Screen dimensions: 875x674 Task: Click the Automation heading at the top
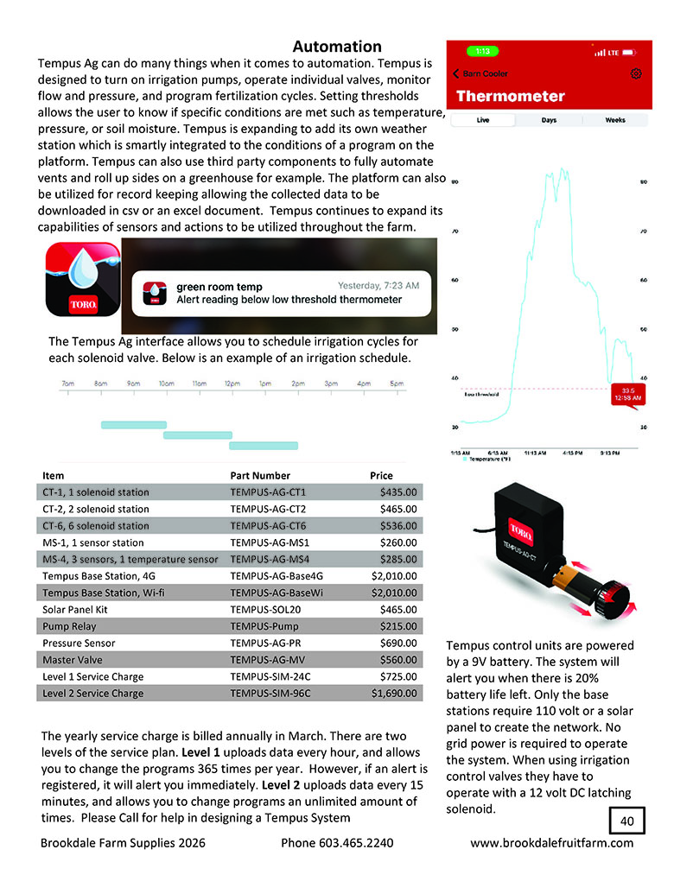click(336, 46)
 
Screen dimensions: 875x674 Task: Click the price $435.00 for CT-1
click(398, 492)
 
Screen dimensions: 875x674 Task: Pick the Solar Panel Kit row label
click(73, 609)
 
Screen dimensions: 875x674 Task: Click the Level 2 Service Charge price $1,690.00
click(394, 693)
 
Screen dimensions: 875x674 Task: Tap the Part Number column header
click(260, 475)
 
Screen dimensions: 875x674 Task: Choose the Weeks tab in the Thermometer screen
click(614, 120)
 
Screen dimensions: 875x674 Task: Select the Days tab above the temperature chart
click(549, 120)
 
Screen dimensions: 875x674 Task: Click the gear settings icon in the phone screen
click(636, 74)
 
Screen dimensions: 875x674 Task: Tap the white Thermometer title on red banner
click(510, 97)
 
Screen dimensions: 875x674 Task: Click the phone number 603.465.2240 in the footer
click(337, 843)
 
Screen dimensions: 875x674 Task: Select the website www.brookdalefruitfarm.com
click(551, 843)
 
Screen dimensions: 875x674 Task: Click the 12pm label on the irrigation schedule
click(232, 383)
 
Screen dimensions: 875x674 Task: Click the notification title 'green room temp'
click(219, 286)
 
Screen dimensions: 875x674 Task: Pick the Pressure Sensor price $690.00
click(398, 643)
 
